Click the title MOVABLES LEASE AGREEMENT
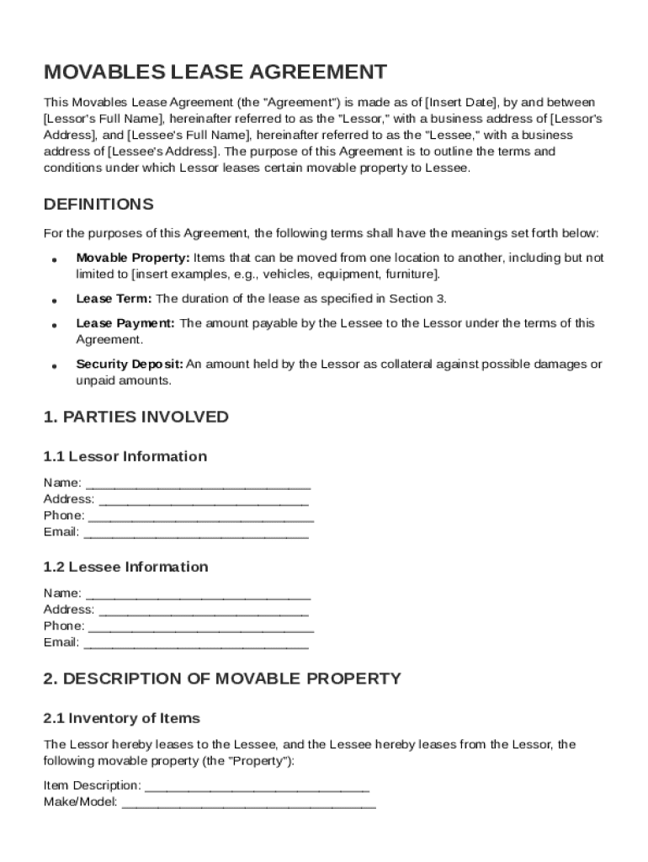(x=215, y=72)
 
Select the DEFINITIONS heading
(x=98, y=205)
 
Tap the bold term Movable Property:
(x=133, y=258)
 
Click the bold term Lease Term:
(x=114, y=299)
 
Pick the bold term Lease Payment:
(x=125, y=323)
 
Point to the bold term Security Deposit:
(x=130, y=364)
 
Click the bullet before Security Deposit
(x=54, y=366)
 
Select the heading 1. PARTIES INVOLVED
(x=135, y=417)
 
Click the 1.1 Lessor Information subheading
(x=125, y=456)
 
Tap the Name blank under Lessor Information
(x=198, y=484)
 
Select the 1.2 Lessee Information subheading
(x=126, y=567)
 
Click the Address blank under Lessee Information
(x=203, y=610)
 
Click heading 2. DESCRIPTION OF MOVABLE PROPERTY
(x=222, y=678)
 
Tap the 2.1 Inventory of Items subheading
(x=122, y=718)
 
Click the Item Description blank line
(x=257, y=786)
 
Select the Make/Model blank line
(x=248, y=803)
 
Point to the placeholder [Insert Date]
(x=462, y=103)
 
